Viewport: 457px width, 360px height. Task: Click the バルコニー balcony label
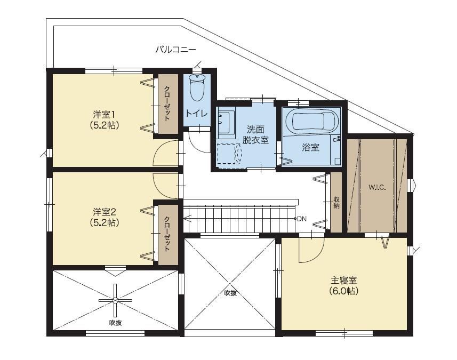point(175,49)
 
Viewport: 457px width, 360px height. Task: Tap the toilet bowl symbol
point(197,87)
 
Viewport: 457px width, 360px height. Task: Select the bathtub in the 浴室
point(312,121)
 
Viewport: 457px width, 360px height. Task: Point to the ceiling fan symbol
point(115,300)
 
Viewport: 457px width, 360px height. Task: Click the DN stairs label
point(302,219)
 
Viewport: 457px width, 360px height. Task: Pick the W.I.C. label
point(377,187)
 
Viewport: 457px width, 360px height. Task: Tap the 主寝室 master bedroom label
point(344,281)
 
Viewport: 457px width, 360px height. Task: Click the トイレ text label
point(197,113)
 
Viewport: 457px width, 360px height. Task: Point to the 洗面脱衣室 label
point(255,134)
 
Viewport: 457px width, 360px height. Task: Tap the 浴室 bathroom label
point(311,148)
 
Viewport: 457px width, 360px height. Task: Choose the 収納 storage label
point(336,203)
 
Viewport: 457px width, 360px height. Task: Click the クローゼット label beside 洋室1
point(167,103)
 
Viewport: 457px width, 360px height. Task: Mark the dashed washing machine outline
point(229,154)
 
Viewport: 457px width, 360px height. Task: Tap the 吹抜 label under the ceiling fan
point(115,323)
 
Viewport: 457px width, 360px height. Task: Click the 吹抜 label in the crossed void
point(230,293)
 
